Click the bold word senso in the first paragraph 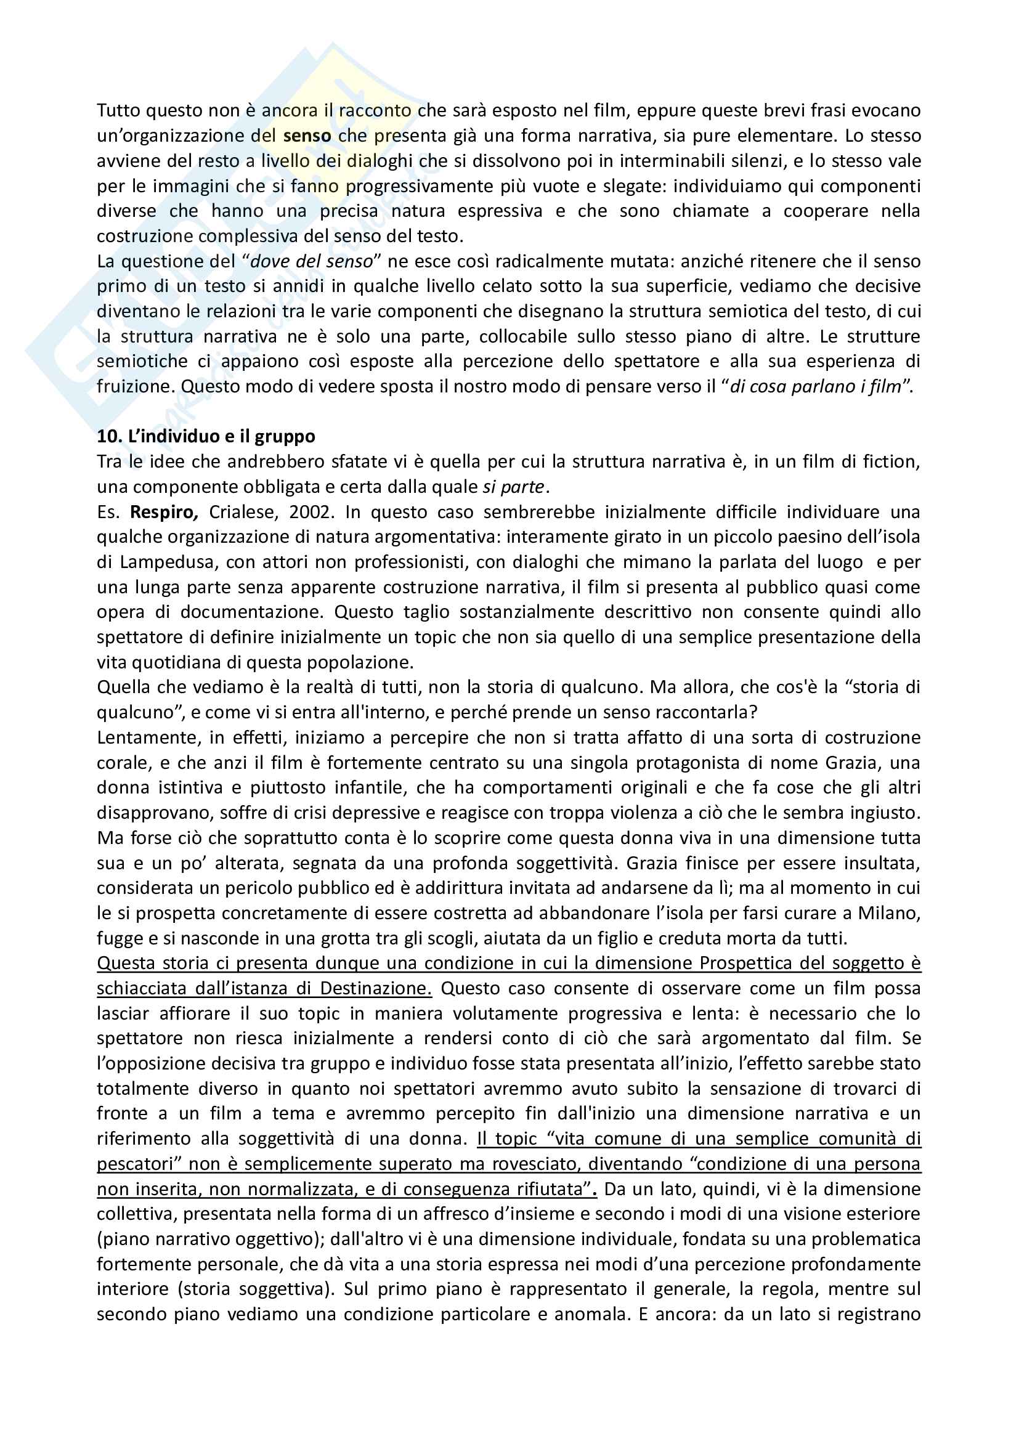307,136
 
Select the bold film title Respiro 164,512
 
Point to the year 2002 309,512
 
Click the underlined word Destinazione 376,988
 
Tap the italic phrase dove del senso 312,261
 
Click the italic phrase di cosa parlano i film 816,387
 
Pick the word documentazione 250,612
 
